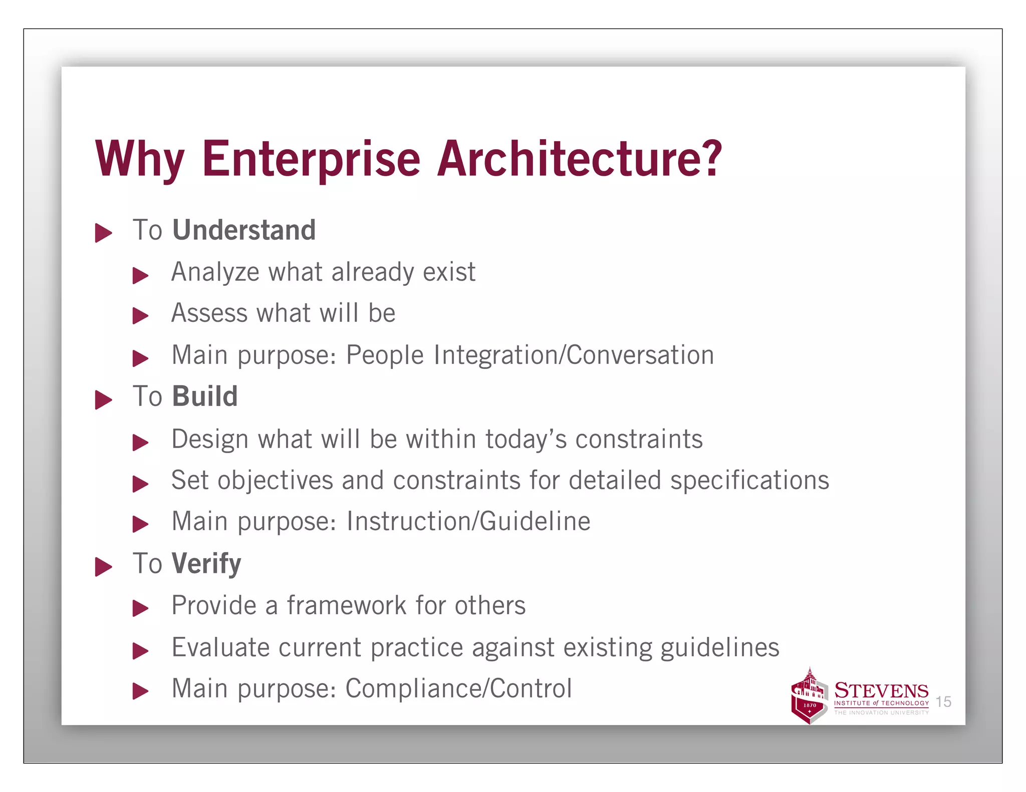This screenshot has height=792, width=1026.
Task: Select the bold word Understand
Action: (x=244, y=230)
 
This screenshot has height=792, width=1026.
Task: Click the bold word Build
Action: (x=205, y=397)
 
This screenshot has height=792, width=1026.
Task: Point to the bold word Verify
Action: (x=206, y=564)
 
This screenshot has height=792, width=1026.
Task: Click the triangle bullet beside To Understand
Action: (x=103, y=233)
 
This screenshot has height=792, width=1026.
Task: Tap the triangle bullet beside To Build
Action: (x=103, y=400)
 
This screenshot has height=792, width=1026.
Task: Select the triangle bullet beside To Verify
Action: (x=103, y=567)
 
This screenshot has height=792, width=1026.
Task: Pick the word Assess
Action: (x=209, y=313)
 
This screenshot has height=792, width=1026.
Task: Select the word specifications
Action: (x=749, y=481)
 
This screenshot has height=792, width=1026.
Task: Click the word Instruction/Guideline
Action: (x=468, y=522)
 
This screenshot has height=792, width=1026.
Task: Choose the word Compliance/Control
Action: (x=458, y=689)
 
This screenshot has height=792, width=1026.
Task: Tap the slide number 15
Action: (x=943, y=702)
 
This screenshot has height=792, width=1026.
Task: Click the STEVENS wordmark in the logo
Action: (x=881, y=691)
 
